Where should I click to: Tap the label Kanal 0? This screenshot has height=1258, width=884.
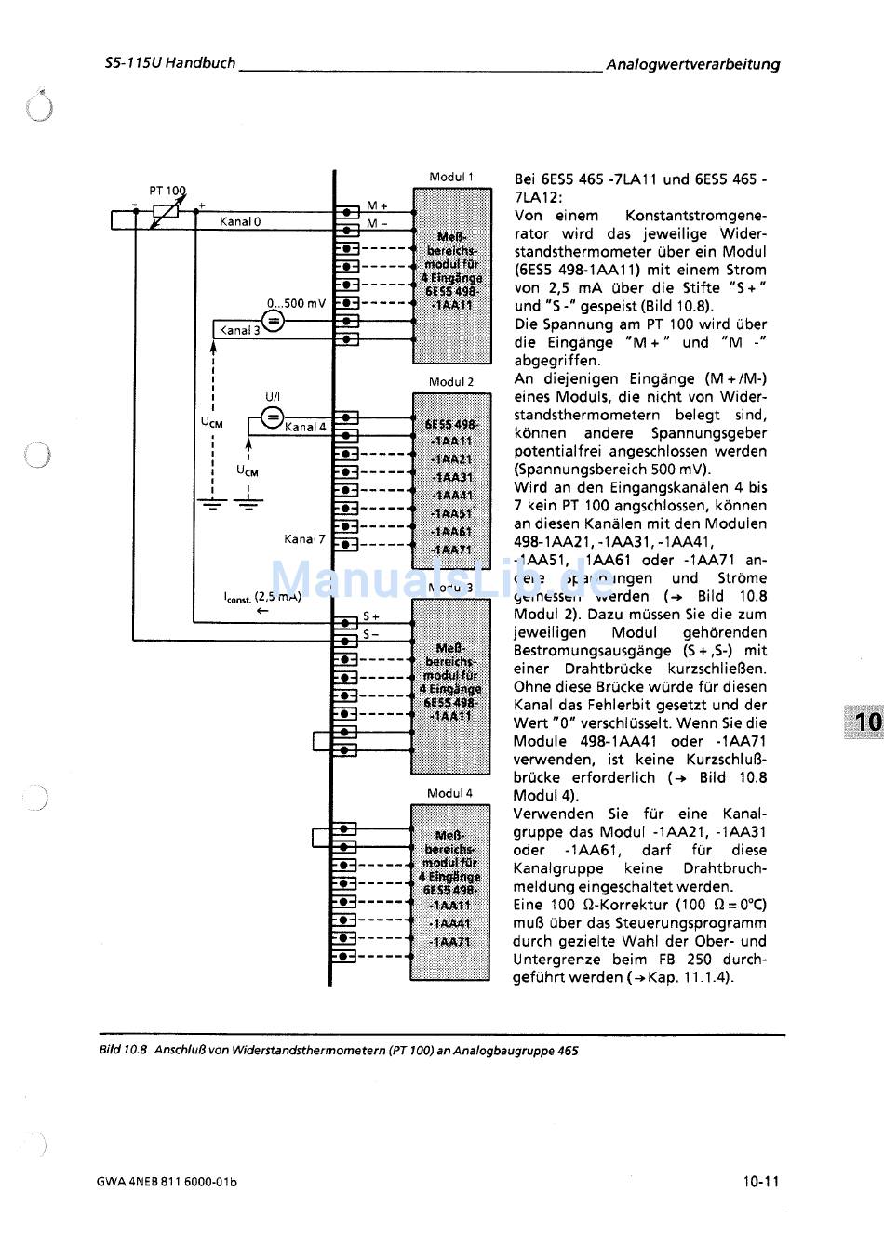tap(240, 222)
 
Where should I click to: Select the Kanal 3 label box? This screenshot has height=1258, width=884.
tap(239, 330)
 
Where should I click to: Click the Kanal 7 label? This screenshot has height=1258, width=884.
tap(304, 539)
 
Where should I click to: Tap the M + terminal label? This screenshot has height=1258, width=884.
tap(377, 205)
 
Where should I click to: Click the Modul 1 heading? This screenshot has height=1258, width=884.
tap(451, 177)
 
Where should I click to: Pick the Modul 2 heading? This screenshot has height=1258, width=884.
tap(451, 382)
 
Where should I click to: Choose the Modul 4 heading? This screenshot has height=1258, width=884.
tap(449, 793)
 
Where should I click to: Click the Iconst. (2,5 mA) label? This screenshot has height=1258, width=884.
tap(262, 597)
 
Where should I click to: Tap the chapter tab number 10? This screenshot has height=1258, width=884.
tap(867, 722)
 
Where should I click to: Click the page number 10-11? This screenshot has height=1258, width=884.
tap(760, 1183)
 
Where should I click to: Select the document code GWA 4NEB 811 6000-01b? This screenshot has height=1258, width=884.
tap(167, 1183)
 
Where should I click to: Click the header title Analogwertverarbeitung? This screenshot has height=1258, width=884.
tap(692, 64)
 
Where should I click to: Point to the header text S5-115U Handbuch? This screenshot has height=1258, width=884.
tap(170, 64)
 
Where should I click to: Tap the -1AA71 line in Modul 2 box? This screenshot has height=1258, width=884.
tap(451, 550)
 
